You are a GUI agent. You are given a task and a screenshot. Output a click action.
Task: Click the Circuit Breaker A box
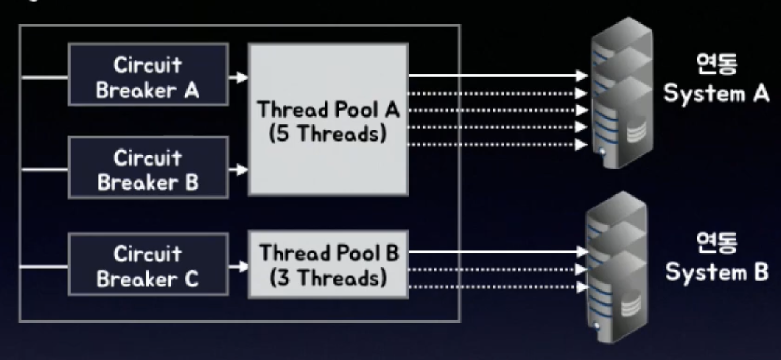(x=148, y=75)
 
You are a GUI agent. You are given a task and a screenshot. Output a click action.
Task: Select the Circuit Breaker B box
(x=148, y=168)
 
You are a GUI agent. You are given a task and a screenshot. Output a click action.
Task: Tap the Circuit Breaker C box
(x=148, y=264)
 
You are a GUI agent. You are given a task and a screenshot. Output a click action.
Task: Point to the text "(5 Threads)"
(x=327, y=133)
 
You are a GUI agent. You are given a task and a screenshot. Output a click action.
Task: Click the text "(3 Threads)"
(x=327, y=278)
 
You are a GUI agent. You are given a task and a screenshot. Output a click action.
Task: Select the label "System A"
(x=716, y=94)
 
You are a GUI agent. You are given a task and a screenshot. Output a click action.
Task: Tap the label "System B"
(x=716, y=272)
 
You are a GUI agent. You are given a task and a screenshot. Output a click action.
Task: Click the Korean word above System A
(x=716, y=65)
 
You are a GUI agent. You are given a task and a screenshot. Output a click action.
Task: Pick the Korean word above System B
(x=716, y=243)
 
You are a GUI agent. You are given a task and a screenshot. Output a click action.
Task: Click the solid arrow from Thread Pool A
(x=497, y=76)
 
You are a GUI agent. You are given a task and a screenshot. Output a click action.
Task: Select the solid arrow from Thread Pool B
(x=497, y=251)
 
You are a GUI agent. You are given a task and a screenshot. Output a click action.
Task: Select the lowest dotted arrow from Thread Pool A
(x=497, y=144)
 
